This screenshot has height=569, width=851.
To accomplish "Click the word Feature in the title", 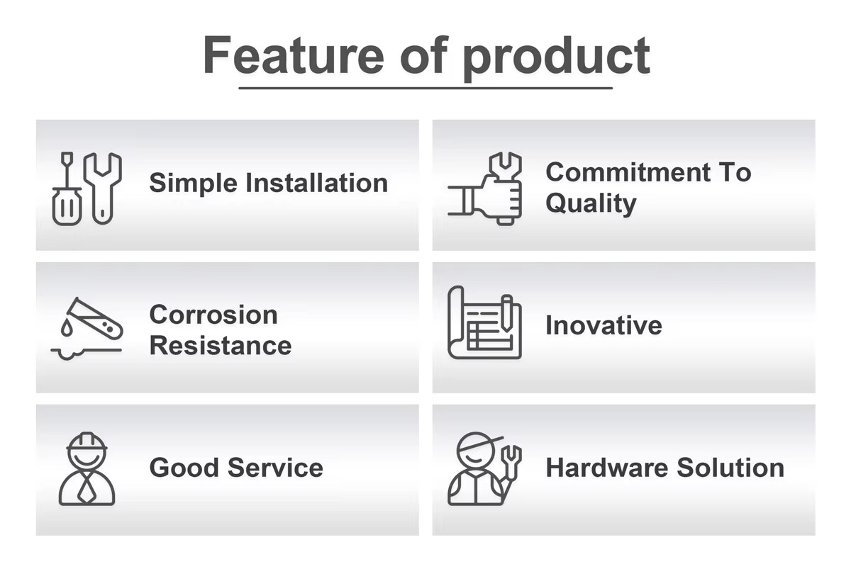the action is click(294, 55).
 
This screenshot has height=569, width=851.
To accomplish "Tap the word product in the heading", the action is click(557, 58).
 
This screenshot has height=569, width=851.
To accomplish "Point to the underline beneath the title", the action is click(425, 88).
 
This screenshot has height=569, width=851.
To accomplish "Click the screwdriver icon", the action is click(67, 188).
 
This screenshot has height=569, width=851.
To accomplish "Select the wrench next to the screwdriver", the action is click(103, 188).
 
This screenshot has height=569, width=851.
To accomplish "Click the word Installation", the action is click(317, 183).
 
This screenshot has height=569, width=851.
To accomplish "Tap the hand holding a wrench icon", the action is click(485, 188).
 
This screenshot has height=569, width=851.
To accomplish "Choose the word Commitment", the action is click(628, 172).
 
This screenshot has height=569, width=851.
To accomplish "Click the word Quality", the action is click(591, 204).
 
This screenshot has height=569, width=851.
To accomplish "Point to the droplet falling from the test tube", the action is click(67, 327).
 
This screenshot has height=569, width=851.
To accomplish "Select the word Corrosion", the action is click(213, 315).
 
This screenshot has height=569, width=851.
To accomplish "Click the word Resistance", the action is click(221, 346).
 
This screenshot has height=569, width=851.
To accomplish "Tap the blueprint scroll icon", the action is click(485, 322).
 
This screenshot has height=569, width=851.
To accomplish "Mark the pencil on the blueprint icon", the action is click(507, 312).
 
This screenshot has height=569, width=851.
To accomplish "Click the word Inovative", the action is click(604, 325).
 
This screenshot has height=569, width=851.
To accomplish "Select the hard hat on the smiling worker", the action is click(87, 441).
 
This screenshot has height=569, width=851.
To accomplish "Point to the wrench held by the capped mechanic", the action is click(511, 465).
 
